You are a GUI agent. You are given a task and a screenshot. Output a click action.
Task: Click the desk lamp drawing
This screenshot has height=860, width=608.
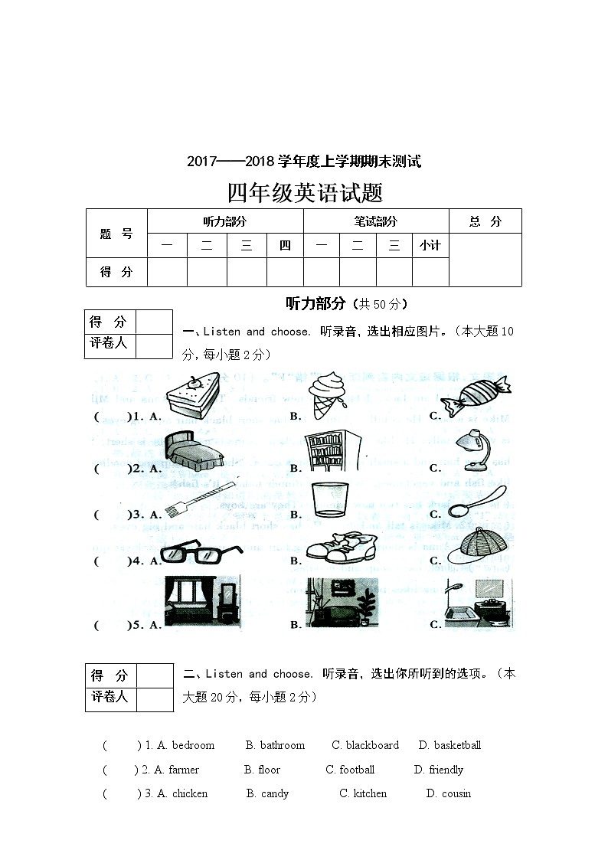[472, 449]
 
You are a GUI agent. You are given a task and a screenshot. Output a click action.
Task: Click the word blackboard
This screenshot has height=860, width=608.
[372, 745]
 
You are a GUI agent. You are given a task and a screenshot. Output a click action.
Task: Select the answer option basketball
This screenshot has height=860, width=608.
[457, 745]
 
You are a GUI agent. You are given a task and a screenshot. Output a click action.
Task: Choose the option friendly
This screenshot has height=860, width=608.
[446, 770]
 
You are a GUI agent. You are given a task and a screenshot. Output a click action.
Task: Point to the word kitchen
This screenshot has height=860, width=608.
[370, 793]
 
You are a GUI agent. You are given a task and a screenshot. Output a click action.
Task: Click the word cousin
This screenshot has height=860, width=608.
[456, 793]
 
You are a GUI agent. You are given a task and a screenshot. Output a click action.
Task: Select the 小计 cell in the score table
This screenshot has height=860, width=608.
[430, 246]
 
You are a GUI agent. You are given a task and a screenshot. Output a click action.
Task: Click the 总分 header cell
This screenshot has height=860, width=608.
[485, 221]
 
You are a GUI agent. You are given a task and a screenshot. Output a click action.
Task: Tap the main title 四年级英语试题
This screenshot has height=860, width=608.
[305, 192]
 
